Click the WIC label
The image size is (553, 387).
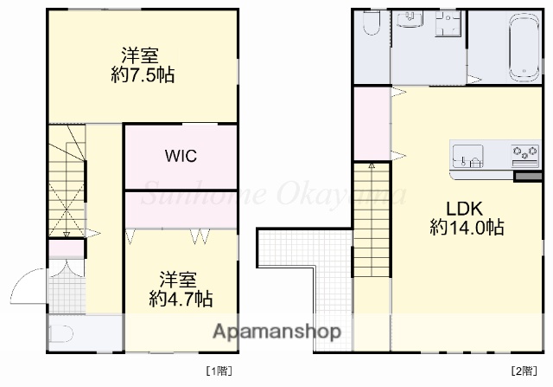pyautogui.click(x=181, y=157)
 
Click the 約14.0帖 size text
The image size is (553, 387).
pyautogui.click(x=467, y=228)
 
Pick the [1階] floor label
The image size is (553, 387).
pyautogui.click(x=219, y=371)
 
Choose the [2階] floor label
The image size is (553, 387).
pyautogui.click(x=523, y=371)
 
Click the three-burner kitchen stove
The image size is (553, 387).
pyautogui.click(x=524, y=155)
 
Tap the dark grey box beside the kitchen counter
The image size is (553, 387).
pyautogui.click(x=525, y=177)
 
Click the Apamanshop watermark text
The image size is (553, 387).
pyautogui.click(x=277, y=332)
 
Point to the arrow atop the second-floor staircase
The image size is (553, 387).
pyautogui.click(x=372, y=164)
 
